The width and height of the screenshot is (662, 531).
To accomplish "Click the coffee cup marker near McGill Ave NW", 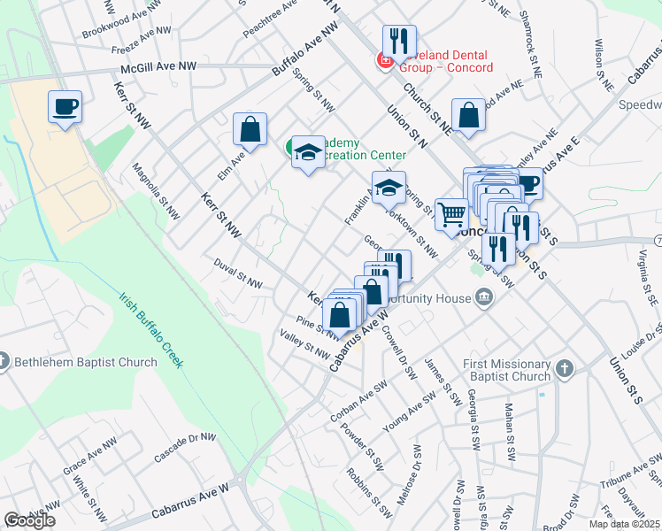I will coord(65,108).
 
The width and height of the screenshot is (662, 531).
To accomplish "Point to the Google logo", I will coord(29,520).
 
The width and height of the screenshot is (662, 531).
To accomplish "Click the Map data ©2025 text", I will coord(625,524).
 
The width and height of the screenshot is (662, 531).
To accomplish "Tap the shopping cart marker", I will coord(451,213).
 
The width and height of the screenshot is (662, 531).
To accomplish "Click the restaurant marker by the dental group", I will coord(399,41).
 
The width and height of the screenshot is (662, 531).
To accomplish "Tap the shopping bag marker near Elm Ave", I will coord(250,129).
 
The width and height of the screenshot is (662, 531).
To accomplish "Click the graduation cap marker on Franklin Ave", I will coord(388,188).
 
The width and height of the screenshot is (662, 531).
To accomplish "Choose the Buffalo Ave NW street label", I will coord(305,49).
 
